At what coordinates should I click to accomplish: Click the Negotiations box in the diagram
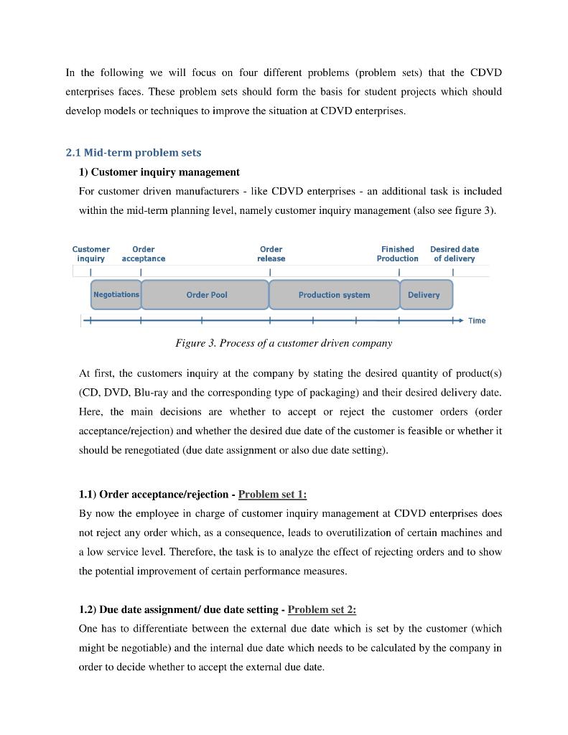pos(116,295)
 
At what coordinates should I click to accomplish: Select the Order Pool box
pos(206,295)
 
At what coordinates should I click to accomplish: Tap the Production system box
pos(334,295)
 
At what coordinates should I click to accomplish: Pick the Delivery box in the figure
pos(424,295)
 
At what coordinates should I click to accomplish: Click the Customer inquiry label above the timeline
pos(91,254)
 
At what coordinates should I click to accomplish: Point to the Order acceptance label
pos(144,254)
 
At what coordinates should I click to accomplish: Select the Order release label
pos(271,254)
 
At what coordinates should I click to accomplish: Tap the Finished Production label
pos(397,254)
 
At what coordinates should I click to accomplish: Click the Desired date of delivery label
pos(454,254)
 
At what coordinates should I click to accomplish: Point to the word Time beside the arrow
pos(477,321)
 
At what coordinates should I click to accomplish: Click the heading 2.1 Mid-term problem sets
pos(134,153)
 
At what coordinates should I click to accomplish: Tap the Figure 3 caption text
pos(284,343)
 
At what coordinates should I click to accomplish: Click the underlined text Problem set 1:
pos(272,495)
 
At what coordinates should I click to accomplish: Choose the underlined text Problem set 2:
pos(322,609)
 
